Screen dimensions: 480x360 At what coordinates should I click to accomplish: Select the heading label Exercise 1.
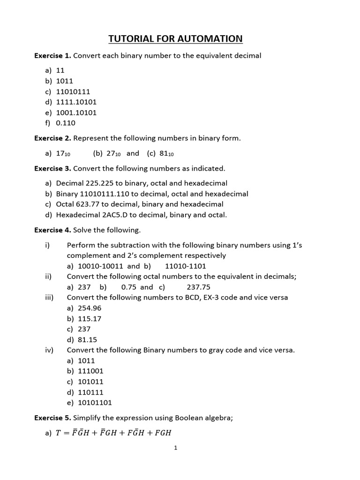52,56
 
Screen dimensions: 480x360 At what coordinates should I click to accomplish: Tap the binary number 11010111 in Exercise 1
73,91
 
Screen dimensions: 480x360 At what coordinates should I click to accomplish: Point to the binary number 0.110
66,123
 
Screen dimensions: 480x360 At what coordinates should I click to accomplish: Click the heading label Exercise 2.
52,138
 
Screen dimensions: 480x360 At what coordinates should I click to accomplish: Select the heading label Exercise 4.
52,230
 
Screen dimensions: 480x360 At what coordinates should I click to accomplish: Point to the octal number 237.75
198,287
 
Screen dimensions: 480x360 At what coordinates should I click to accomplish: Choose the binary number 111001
90,371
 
